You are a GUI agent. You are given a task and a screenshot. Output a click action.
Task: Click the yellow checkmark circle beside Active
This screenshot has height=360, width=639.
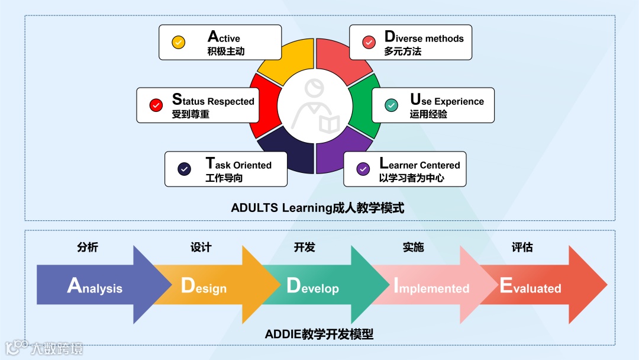178,43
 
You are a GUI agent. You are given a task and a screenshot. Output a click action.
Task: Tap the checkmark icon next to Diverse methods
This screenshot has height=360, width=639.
369,42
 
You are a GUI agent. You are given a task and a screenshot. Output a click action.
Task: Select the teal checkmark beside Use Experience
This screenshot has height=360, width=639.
391,105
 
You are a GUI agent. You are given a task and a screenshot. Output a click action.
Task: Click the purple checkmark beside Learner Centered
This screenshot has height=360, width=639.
363,169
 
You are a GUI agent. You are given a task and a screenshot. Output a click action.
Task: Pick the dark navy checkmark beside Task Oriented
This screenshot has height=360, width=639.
184,169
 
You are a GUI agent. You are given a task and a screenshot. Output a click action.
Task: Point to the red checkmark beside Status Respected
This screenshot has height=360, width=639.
156,105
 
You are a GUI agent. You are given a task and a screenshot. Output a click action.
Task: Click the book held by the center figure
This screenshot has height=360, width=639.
330,124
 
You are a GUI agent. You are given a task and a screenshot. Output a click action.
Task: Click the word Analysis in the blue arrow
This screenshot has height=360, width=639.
95,287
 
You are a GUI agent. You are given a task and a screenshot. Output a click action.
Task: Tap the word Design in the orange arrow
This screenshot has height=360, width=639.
204,287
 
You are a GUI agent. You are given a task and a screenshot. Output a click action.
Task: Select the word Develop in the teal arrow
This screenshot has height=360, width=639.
312,287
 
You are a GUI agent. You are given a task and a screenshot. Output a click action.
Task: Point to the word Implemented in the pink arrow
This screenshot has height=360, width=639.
431,287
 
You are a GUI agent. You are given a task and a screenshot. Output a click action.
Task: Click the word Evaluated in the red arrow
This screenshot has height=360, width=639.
530,287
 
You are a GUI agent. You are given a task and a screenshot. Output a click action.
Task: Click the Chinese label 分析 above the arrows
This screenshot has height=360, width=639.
87,247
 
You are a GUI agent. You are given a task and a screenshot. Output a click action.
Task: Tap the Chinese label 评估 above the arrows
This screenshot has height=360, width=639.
522,247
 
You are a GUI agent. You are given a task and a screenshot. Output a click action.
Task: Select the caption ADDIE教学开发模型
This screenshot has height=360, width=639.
319,334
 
